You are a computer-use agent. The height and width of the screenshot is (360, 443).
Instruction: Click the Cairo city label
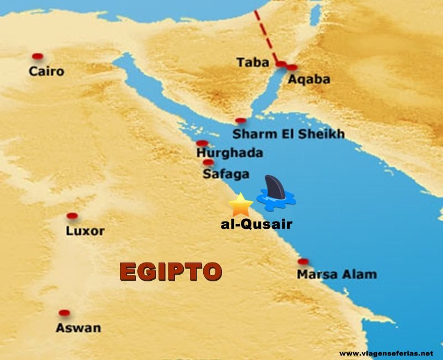coord(47,71)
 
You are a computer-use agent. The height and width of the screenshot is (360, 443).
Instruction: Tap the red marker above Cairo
coord(37,56)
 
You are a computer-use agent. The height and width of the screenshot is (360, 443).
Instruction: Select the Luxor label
coord(85,231)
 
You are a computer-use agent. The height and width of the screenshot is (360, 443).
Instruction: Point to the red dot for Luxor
coord(71,216)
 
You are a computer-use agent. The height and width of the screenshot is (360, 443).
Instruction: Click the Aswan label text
coord(78,328)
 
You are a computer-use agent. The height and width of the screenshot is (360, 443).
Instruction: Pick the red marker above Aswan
coord(64,313)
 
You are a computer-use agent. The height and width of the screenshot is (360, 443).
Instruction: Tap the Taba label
coord(253,62)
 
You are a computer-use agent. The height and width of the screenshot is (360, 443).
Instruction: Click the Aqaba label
coord(309,80)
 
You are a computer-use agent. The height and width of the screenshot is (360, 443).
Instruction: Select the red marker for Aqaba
coord(292,68)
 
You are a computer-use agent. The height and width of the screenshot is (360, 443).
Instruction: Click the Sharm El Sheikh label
coord(288,134)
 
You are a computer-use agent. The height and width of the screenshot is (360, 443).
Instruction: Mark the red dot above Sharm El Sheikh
coord(240,121)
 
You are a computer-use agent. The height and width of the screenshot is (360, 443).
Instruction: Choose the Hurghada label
coord(229,152)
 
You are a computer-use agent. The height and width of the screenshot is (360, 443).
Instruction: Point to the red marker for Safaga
coord(208,162)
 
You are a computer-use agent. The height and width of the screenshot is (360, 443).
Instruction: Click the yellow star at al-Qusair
coord(240,205)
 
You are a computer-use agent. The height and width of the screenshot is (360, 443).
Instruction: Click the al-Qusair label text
coord(256,225)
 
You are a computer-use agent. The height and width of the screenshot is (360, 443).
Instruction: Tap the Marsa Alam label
coord(336,274)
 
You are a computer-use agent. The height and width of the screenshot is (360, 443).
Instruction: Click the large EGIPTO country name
coord(171,272)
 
